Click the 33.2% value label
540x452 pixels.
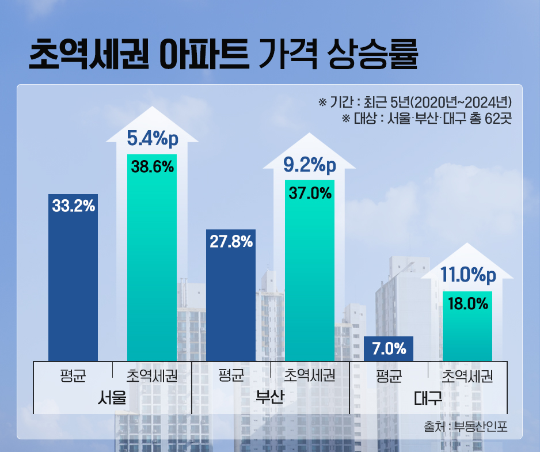[73, 206]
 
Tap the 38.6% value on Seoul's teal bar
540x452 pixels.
[152, 167]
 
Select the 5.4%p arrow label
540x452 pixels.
[152, 139]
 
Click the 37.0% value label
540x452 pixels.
[310, 193]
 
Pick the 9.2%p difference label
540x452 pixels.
[310, 166]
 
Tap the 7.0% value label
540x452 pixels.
[389, 348]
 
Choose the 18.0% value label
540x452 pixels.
[467, 303]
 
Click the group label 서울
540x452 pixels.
[113, 398]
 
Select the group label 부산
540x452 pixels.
[271, 398]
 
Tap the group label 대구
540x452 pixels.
[428, 398]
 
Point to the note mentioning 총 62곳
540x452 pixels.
[427, 119]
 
